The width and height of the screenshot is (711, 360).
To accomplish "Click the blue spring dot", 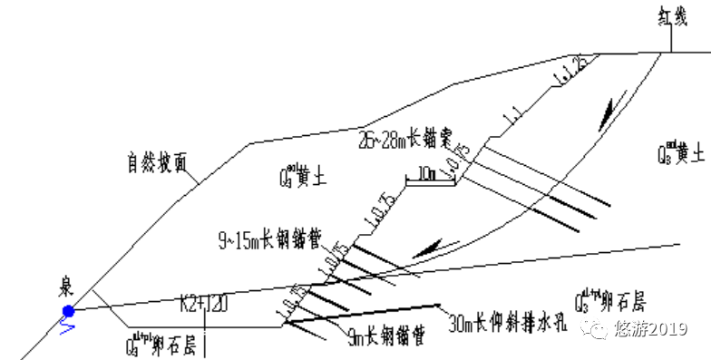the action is click(x=66, y=313).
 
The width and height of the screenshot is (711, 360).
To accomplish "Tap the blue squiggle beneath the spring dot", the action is click(x=66, y=328).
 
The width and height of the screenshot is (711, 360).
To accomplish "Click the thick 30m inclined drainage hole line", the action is click(x=363, y=313).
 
